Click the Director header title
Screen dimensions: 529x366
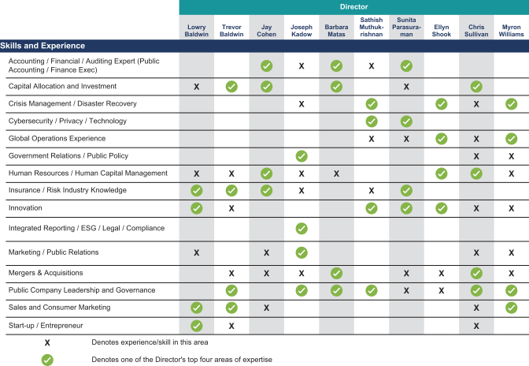(353, 7)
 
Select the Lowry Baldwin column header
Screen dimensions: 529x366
(196, 31)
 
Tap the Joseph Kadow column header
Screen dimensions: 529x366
(301, 31)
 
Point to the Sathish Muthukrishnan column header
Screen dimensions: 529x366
(371, 27)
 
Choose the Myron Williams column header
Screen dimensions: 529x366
(511, 31)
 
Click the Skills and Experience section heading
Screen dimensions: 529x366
(43, 46)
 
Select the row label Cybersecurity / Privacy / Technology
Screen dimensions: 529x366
(68, 121)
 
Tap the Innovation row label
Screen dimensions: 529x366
(25, 207)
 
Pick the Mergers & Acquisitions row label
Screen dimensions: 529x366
(46, 273)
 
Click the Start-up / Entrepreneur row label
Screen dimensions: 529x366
(46, 326)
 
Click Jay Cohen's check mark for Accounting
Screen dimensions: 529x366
(267, 66)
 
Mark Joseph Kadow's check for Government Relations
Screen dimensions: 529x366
(301, 156)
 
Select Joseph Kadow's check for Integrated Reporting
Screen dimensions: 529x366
(301, 229)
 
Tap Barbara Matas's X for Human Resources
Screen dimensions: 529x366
(336, 174)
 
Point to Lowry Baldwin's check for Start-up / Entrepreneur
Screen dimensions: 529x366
(196, 326)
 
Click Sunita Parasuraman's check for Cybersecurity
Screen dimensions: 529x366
(406, 121)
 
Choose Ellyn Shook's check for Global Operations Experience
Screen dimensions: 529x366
(442, 139)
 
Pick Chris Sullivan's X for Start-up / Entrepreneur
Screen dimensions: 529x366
(476, 326)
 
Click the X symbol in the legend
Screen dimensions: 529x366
(47, 342)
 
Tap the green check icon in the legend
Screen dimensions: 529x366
(47, 360)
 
